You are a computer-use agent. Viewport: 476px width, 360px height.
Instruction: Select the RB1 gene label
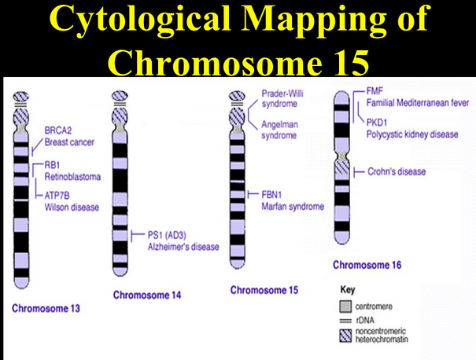[46, 166]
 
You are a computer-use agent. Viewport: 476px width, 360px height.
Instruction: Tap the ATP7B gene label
[52, 195]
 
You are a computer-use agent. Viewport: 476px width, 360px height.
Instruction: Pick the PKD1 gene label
[378, 122]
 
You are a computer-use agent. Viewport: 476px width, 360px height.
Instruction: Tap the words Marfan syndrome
[292, 207]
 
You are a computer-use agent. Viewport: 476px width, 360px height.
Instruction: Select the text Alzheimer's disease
[183, 247]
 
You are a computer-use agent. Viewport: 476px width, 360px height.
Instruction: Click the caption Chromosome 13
[46, 308]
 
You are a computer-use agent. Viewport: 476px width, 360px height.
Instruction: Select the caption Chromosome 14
[147, 296]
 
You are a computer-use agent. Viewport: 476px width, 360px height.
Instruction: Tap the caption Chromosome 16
[367, 265]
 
